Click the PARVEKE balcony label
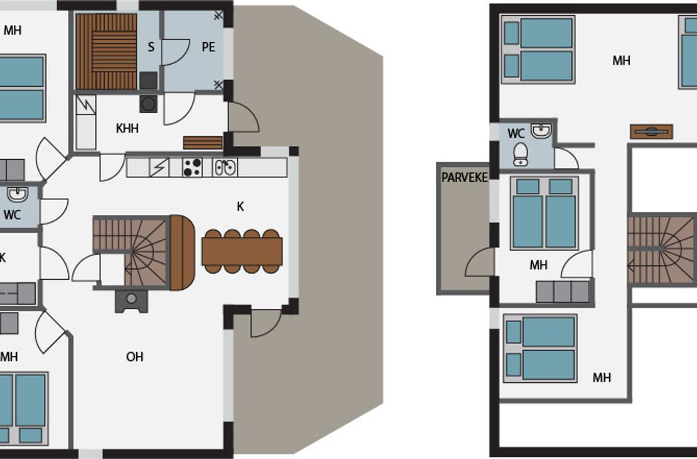[465, 177]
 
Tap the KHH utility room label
[127, 128]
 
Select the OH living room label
[134, 357]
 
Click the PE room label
[208, 47]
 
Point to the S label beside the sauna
[151, 47]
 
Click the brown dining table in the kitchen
[242, 251]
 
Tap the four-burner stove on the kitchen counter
[193, 167]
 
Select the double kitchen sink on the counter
[225, 167]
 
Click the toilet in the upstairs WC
[521, 155]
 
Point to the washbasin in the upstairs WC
[541, 130]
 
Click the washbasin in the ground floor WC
[18, 194]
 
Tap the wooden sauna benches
[106, 52]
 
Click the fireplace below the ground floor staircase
[131, 301]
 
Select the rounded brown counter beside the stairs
[182, 252]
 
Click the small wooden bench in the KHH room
[203, 143]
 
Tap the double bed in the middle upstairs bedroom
[544, 213]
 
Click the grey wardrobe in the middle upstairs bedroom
[563, 292]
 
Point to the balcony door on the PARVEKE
[480, 262]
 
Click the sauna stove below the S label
[148, 80]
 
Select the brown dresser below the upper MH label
[651, 132]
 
